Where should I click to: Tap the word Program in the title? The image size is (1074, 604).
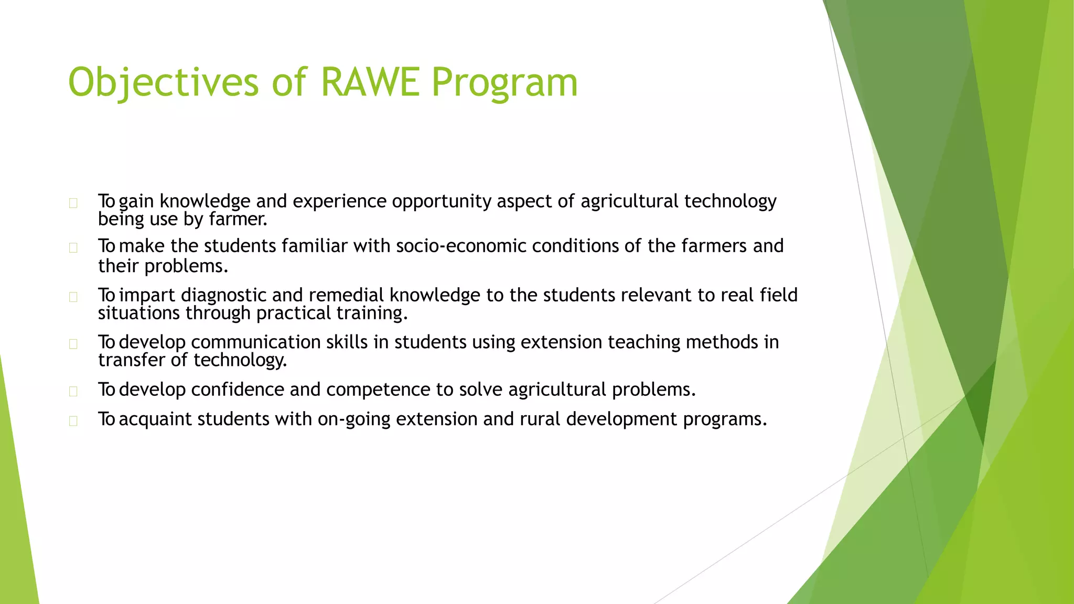pos(504,82)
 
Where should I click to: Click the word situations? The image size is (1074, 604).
pos(139,314)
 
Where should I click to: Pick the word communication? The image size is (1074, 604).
pos(255,342)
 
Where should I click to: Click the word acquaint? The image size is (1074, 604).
pos(155,419)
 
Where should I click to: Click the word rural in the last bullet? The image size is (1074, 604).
pos(540,419)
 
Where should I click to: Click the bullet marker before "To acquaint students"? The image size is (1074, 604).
pos(73,421)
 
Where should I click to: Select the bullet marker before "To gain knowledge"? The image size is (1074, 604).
pos(73,203)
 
